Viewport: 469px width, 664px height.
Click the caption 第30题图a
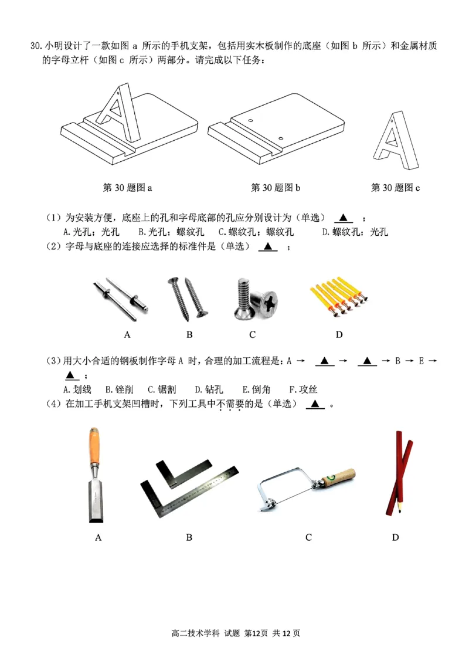(127, 188)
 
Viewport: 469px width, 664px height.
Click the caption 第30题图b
(276, 188)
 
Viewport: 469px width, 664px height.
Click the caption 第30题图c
(396, 188)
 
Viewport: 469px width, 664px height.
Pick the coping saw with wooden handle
(306, 487)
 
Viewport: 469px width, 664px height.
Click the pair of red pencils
(399, 472)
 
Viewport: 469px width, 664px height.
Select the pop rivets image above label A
(121, 300)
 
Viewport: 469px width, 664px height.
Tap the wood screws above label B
(190, 297)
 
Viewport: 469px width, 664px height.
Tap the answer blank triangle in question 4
(315, 404)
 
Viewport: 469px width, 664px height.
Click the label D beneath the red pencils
(395, 537)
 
